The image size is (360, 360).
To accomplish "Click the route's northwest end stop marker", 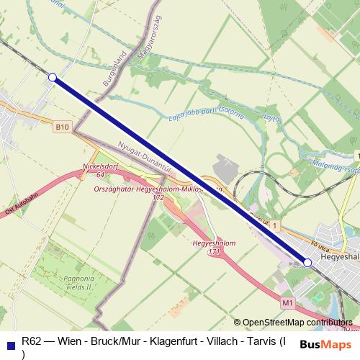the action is click(x=52, y=77).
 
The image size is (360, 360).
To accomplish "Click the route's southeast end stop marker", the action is click(x=308, y=263).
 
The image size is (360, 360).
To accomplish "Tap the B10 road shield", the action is click(x=63, y=127).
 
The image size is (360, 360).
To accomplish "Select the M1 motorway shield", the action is click(x=288, y=303).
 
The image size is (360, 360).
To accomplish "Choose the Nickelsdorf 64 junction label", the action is click(x=99, y=170).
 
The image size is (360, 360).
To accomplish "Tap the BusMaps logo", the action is click(x=321, y=344).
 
